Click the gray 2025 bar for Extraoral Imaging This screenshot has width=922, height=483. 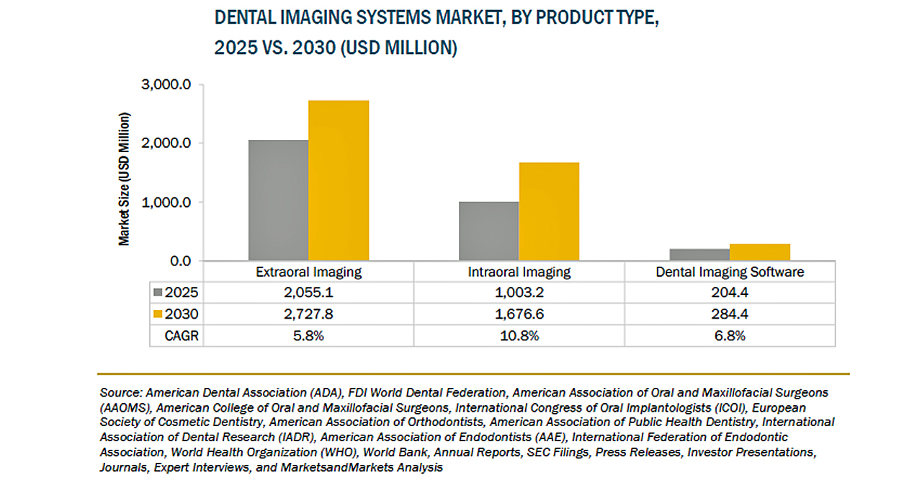click(278, 200)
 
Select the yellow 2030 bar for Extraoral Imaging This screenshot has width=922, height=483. click(339, 180)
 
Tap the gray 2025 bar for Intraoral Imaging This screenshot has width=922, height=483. click(488, 231)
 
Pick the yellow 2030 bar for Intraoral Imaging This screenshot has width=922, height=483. click(549, 211)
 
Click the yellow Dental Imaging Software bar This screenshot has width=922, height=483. click(759, 252)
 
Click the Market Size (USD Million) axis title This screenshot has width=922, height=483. click(125, 179)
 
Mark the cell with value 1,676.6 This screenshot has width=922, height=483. click(519, 314)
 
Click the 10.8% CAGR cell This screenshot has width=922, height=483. click(519, 336)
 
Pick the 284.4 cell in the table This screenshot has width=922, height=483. click(730, 314)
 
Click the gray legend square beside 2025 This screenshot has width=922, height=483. click(158, 293)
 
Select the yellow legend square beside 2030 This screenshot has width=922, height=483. click(158, 314)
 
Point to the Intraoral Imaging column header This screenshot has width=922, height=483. click(519, 272)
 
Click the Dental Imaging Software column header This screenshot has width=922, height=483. click(730, 272)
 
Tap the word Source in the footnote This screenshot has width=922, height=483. click(121, 393)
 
